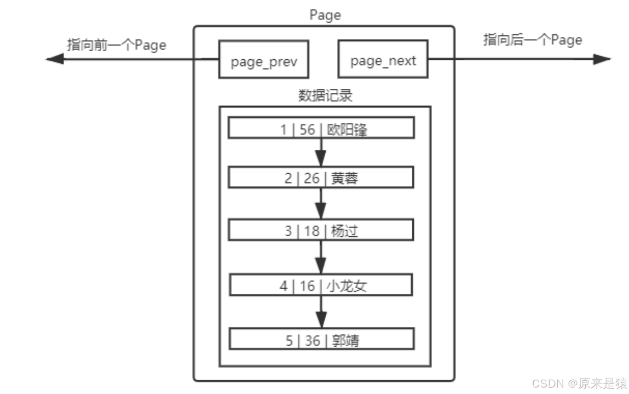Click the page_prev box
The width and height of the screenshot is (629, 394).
click(263, 59)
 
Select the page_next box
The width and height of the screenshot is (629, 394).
click(383, 59)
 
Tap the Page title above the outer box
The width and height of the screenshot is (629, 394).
click(325, 15)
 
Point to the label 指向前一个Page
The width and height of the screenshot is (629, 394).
click(116, 45)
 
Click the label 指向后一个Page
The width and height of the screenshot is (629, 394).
click(532, 40)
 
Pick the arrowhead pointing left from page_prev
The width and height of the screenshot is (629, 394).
click(55, 59)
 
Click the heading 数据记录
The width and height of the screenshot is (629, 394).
click(325, 95)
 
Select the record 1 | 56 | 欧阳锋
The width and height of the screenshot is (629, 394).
click(321, 128)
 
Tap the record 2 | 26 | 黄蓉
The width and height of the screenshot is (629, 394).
click(321, 177)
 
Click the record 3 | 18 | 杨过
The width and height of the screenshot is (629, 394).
click(321, 230)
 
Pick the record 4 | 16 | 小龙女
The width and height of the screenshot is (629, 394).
click(321, 286)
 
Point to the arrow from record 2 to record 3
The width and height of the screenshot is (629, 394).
click(321, 204)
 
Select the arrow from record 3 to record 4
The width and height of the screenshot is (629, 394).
click(321, 258)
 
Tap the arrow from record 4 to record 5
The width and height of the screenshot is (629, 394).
click(321, 312)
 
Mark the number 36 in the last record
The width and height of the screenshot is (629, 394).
click(312, 341)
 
